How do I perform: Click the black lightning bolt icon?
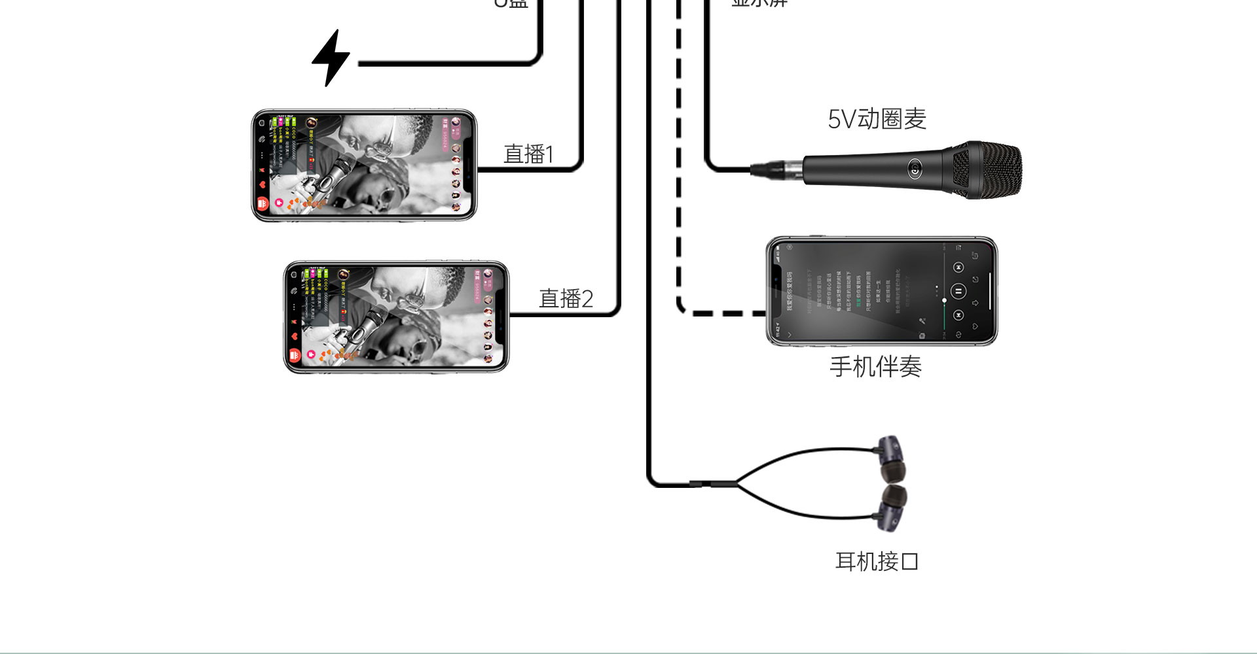tap(331, 58)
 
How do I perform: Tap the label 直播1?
tap(528, 154)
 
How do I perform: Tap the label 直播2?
tap(566, 299)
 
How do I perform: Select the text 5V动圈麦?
tap(877, 119)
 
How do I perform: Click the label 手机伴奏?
tap(875, 367)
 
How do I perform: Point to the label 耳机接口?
tap(877, 561)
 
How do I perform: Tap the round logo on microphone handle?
tap(915, 170)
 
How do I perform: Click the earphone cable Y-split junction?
tap(737, 484)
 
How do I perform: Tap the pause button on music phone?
tap(958, 291)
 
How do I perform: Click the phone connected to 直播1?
tap(364, 165)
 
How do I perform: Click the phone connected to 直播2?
tap(396, 317)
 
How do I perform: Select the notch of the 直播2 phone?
tap(501, 317)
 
